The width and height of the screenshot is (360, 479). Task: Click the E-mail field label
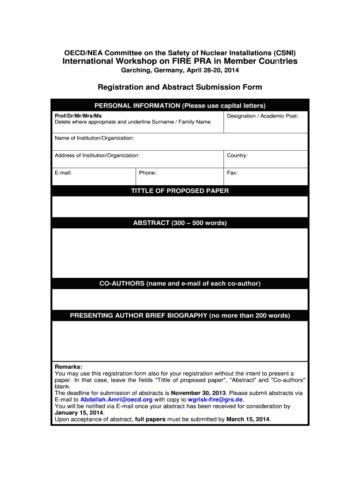(x=63, y=173)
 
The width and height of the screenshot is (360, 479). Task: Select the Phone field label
(x=147, y=173)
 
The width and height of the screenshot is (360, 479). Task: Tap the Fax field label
(x=232, y=173)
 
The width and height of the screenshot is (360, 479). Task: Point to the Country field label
(x=237, y=155)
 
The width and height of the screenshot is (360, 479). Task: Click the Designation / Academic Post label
(x=262, y=116)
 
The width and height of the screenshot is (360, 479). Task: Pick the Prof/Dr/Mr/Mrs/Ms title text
(x=78, y=116)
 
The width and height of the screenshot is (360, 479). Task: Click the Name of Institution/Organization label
(x=94, y=138)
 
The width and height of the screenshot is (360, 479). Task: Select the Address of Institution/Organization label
(x=97, y=155)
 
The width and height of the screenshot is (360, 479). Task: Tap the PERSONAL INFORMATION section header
(x=180, y=105)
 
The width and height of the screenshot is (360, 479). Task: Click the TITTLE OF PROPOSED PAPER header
(x=180, y=191)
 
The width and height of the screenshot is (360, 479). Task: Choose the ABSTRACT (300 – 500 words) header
(x=180, y=223)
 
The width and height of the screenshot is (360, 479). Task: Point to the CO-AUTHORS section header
(x=180, y=283)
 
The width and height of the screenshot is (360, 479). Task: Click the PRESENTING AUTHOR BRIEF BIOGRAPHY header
(x=180, y=316)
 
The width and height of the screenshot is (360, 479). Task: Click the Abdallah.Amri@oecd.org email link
(x=116, y=400)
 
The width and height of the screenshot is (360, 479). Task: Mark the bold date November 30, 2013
(x=198, y=393)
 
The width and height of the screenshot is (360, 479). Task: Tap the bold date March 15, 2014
(x=248, y=420)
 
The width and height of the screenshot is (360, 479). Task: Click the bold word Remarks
(x=68, y=367)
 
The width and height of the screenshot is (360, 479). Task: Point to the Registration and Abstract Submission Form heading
(x=180, y=87)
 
